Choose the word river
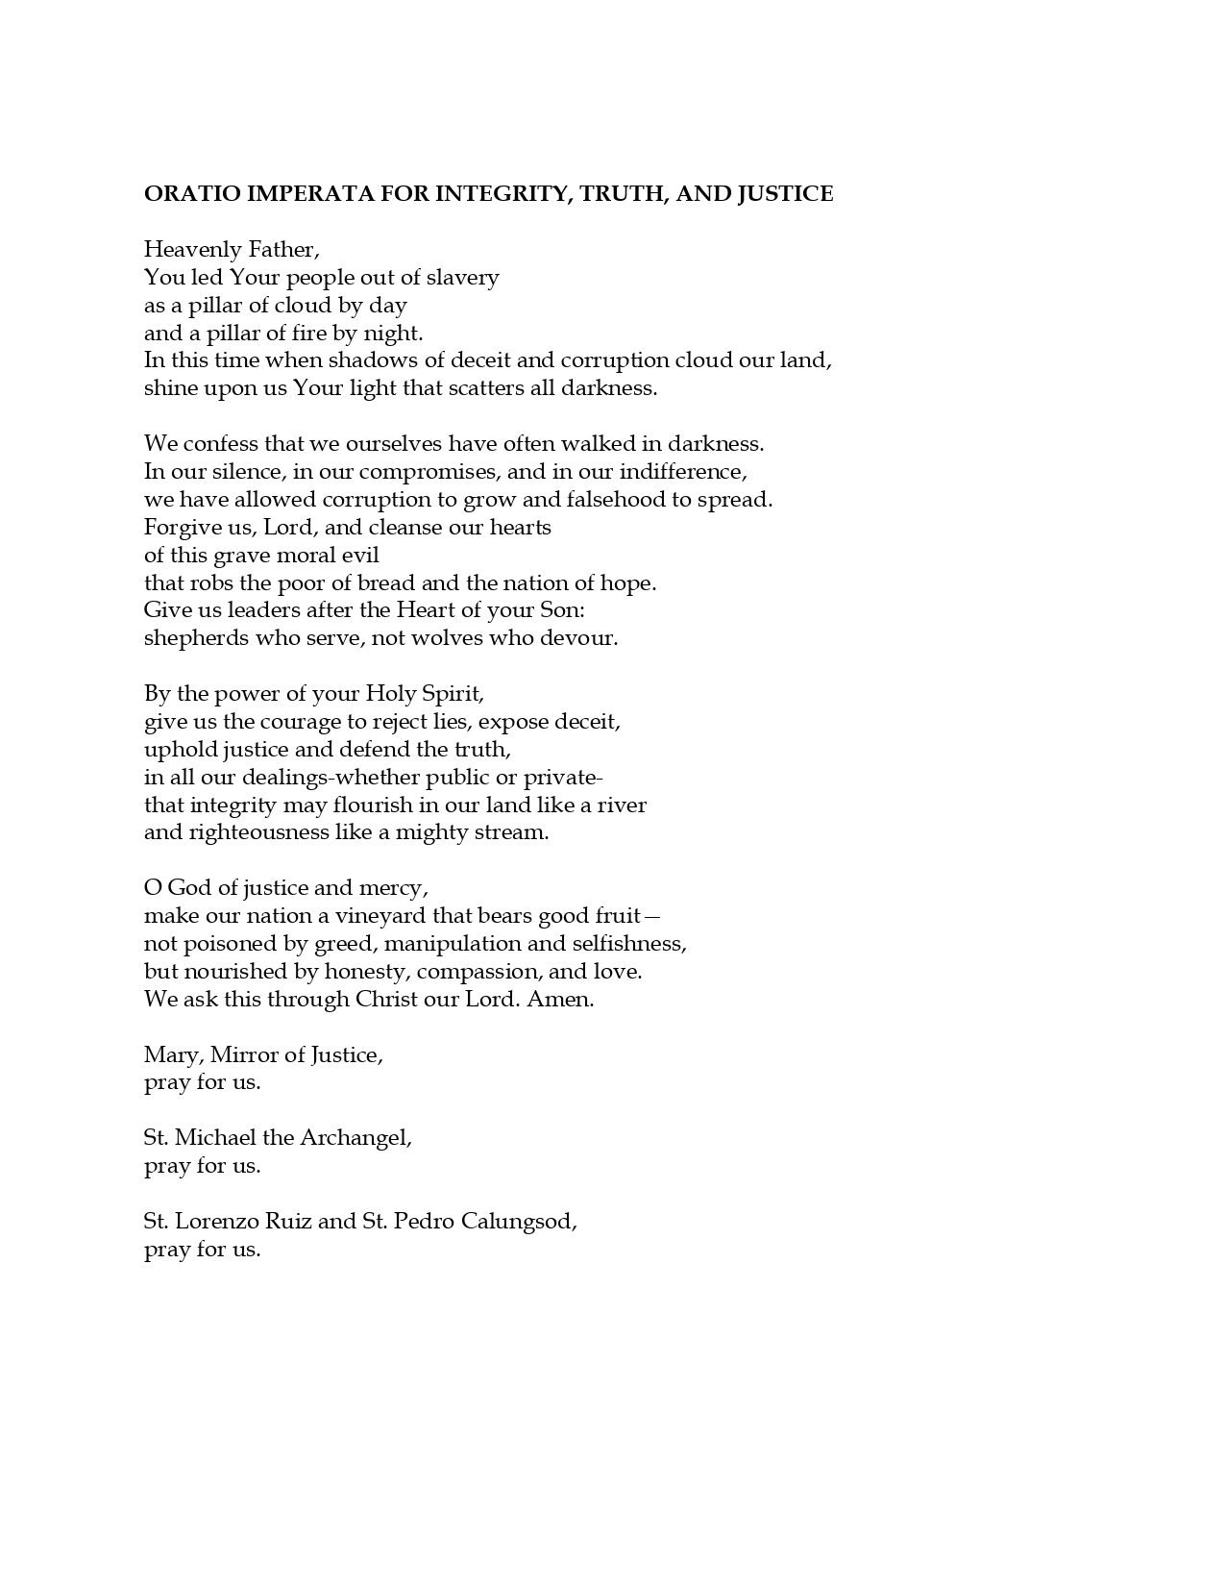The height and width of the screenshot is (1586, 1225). click(x=622, y=805)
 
